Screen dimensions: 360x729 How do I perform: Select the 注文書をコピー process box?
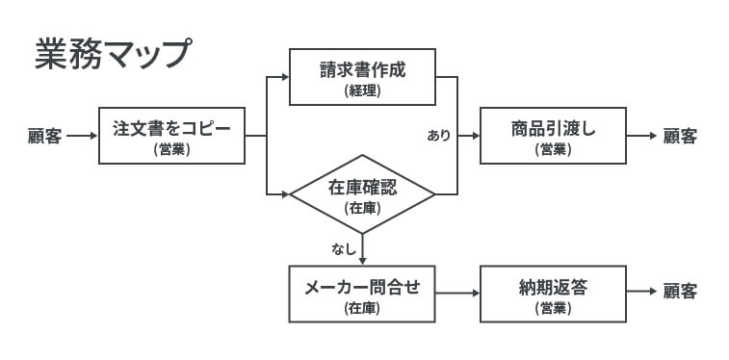point(171,136)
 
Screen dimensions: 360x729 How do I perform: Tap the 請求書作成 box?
point(362,77)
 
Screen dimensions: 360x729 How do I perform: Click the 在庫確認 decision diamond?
point(362,193)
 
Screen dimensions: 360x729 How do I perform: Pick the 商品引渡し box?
point(554,136)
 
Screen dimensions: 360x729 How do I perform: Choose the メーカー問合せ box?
point(362,294)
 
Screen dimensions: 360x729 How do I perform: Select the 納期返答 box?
point(554,294)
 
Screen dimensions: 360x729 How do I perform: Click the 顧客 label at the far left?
point(44,136)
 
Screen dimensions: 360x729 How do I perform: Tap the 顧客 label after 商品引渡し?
point(680,136)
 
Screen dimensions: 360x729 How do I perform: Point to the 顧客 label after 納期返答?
point(680,292)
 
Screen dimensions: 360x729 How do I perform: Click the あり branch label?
point(438,136)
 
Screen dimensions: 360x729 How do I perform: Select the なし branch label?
point(343,249)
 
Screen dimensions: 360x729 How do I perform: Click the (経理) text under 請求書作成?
point(362,91)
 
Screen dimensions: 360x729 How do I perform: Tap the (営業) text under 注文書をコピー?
point(171,149)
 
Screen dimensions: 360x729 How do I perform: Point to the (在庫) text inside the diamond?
point(362,207)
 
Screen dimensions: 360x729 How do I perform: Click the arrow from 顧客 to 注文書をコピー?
point(82,136)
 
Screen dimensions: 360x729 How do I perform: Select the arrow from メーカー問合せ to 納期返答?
point(457,293)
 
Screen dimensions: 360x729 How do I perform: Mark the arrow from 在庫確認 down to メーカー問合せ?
point(362,249)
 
